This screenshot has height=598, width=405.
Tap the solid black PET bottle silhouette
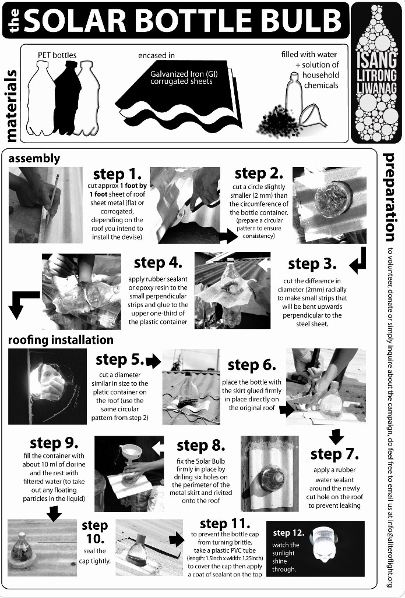(x=67, y=97)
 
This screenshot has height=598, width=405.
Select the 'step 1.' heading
(x=117, y=174)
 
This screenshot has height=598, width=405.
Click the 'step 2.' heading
(x=259, y=173)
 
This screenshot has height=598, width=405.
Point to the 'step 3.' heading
(x=312, y=264)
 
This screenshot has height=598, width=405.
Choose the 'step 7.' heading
(x=334, y=454)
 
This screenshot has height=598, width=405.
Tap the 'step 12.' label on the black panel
(x=288, y=532)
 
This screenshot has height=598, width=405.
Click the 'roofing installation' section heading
(x=61, y=340)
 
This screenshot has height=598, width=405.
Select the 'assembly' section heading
(x=34, y=159)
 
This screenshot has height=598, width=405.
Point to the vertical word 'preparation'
(x=389, y=197)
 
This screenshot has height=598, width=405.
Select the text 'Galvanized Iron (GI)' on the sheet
(x=184, y=74)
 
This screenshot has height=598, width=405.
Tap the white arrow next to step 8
(x=158, y=448)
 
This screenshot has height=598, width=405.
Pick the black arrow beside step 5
(x=154, y=361)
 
